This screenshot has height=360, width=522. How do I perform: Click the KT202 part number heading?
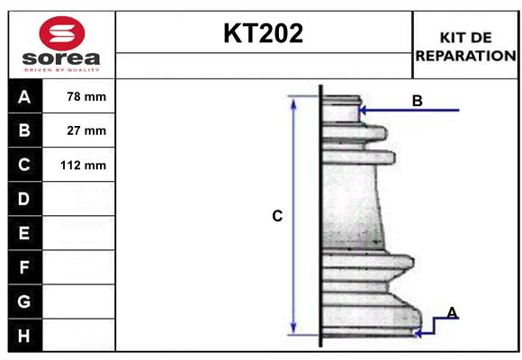(263, 34)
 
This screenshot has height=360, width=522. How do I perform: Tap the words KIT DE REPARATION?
(465, 46)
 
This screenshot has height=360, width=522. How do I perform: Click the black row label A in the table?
(24, 96)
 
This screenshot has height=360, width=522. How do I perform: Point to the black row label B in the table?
(24, 130)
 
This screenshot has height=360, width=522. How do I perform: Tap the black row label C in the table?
(24, 166)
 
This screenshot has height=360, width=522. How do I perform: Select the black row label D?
(24, 199)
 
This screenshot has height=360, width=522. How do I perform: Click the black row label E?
(24, 233)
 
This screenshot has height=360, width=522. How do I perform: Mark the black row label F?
(24, 267)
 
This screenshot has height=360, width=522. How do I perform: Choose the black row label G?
(24, 301)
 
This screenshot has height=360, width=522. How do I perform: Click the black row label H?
(24, 336)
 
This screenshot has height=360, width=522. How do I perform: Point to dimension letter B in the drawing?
(417, 101)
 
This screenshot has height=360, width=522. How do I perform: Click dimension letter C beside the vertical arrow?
(277, 216)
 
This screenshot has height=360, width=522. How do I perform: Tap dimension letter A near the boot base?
(452, 312)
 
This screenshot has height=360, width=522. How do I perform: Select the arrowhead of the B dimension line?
(362, 110)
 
